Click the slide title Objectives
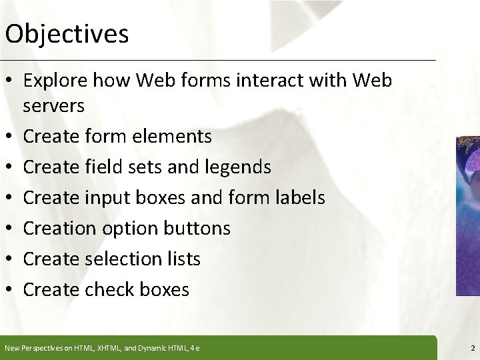[67, 34]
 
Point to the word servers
[53, 105]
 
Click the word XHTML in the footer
[99, 348]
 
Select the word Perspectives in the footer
[41, 348]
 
